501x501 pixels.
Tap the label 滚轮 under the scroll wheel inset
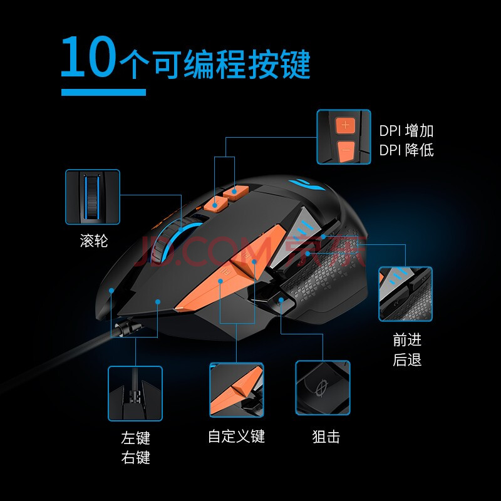[93, 240]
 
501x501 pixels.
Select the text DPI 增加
[406, 131]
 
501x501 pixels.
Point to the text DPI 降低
[406, 150]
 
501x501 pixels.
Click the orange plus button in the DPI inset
[345, 125]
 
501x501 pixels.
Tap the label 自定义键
[236, 436]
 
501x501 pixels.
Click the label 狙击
[326, 436]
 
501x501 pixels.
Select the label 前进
[406, 339]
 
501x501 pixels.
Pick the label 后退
[406, 359]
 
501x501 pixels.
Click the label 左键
[135, 438]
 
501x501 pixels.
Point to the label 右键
[135, 457]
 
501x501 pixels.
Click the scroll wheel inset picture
[93, 197]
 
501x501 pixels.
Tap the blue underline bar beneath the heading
[103, 92]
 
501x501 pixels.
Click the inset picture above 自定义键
[237, 390]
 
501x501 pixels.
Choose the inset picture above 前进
[405, 294]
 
